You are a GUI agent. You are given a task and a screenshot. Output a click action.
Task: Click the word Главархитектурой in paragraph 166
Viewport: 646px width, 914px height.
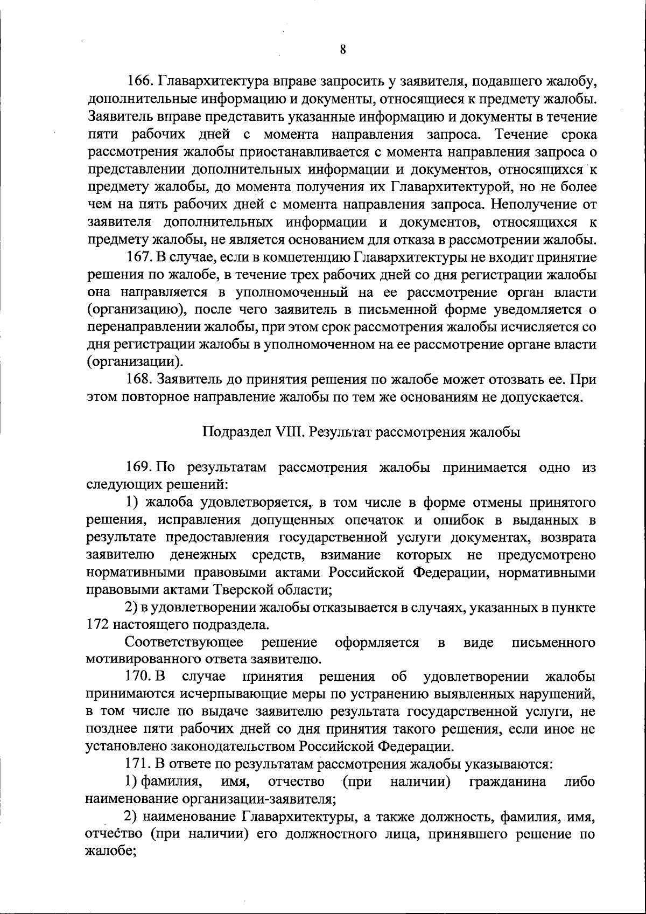pos(450,187)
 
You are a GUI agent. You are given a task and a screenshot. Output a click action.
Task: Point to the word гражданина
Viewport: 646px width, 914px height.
pos(508,781)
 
